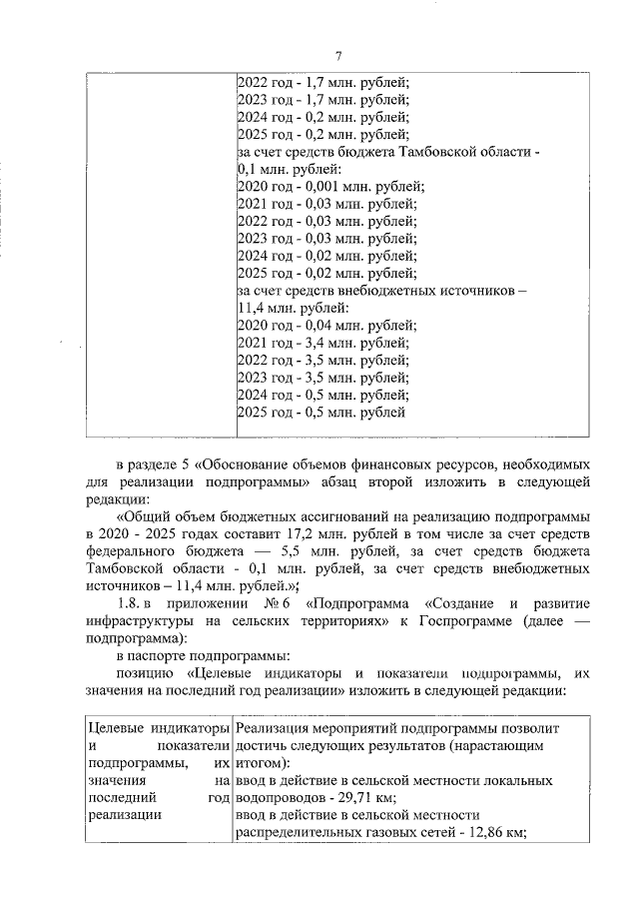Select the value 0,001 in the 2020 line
319,186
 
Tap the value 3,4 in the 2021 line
312,343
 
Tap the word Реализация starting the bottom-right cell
272,727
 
